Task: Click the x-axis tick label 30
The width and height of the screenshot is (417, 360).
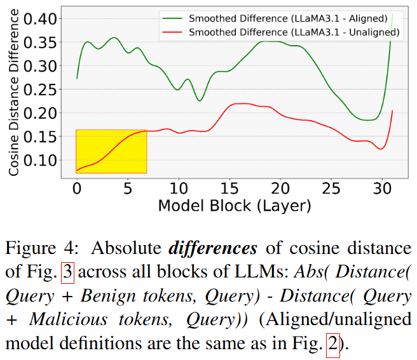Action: (x=381, y=189)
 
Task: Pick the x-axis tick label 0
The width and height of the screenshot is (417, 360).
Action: (x=77, y=189)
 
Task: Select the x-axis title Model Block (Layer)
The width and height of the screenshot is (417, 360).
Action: (x=235, y=206)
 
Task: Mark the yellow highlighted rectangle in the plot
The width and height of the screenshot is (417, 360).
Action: (x=111, y=151)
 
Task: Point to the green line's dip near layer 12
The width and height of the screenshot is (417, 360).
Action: (x=200, y=100)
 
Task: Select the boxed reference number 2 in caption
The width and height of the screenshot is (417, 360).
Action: (x=333, y=345)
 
